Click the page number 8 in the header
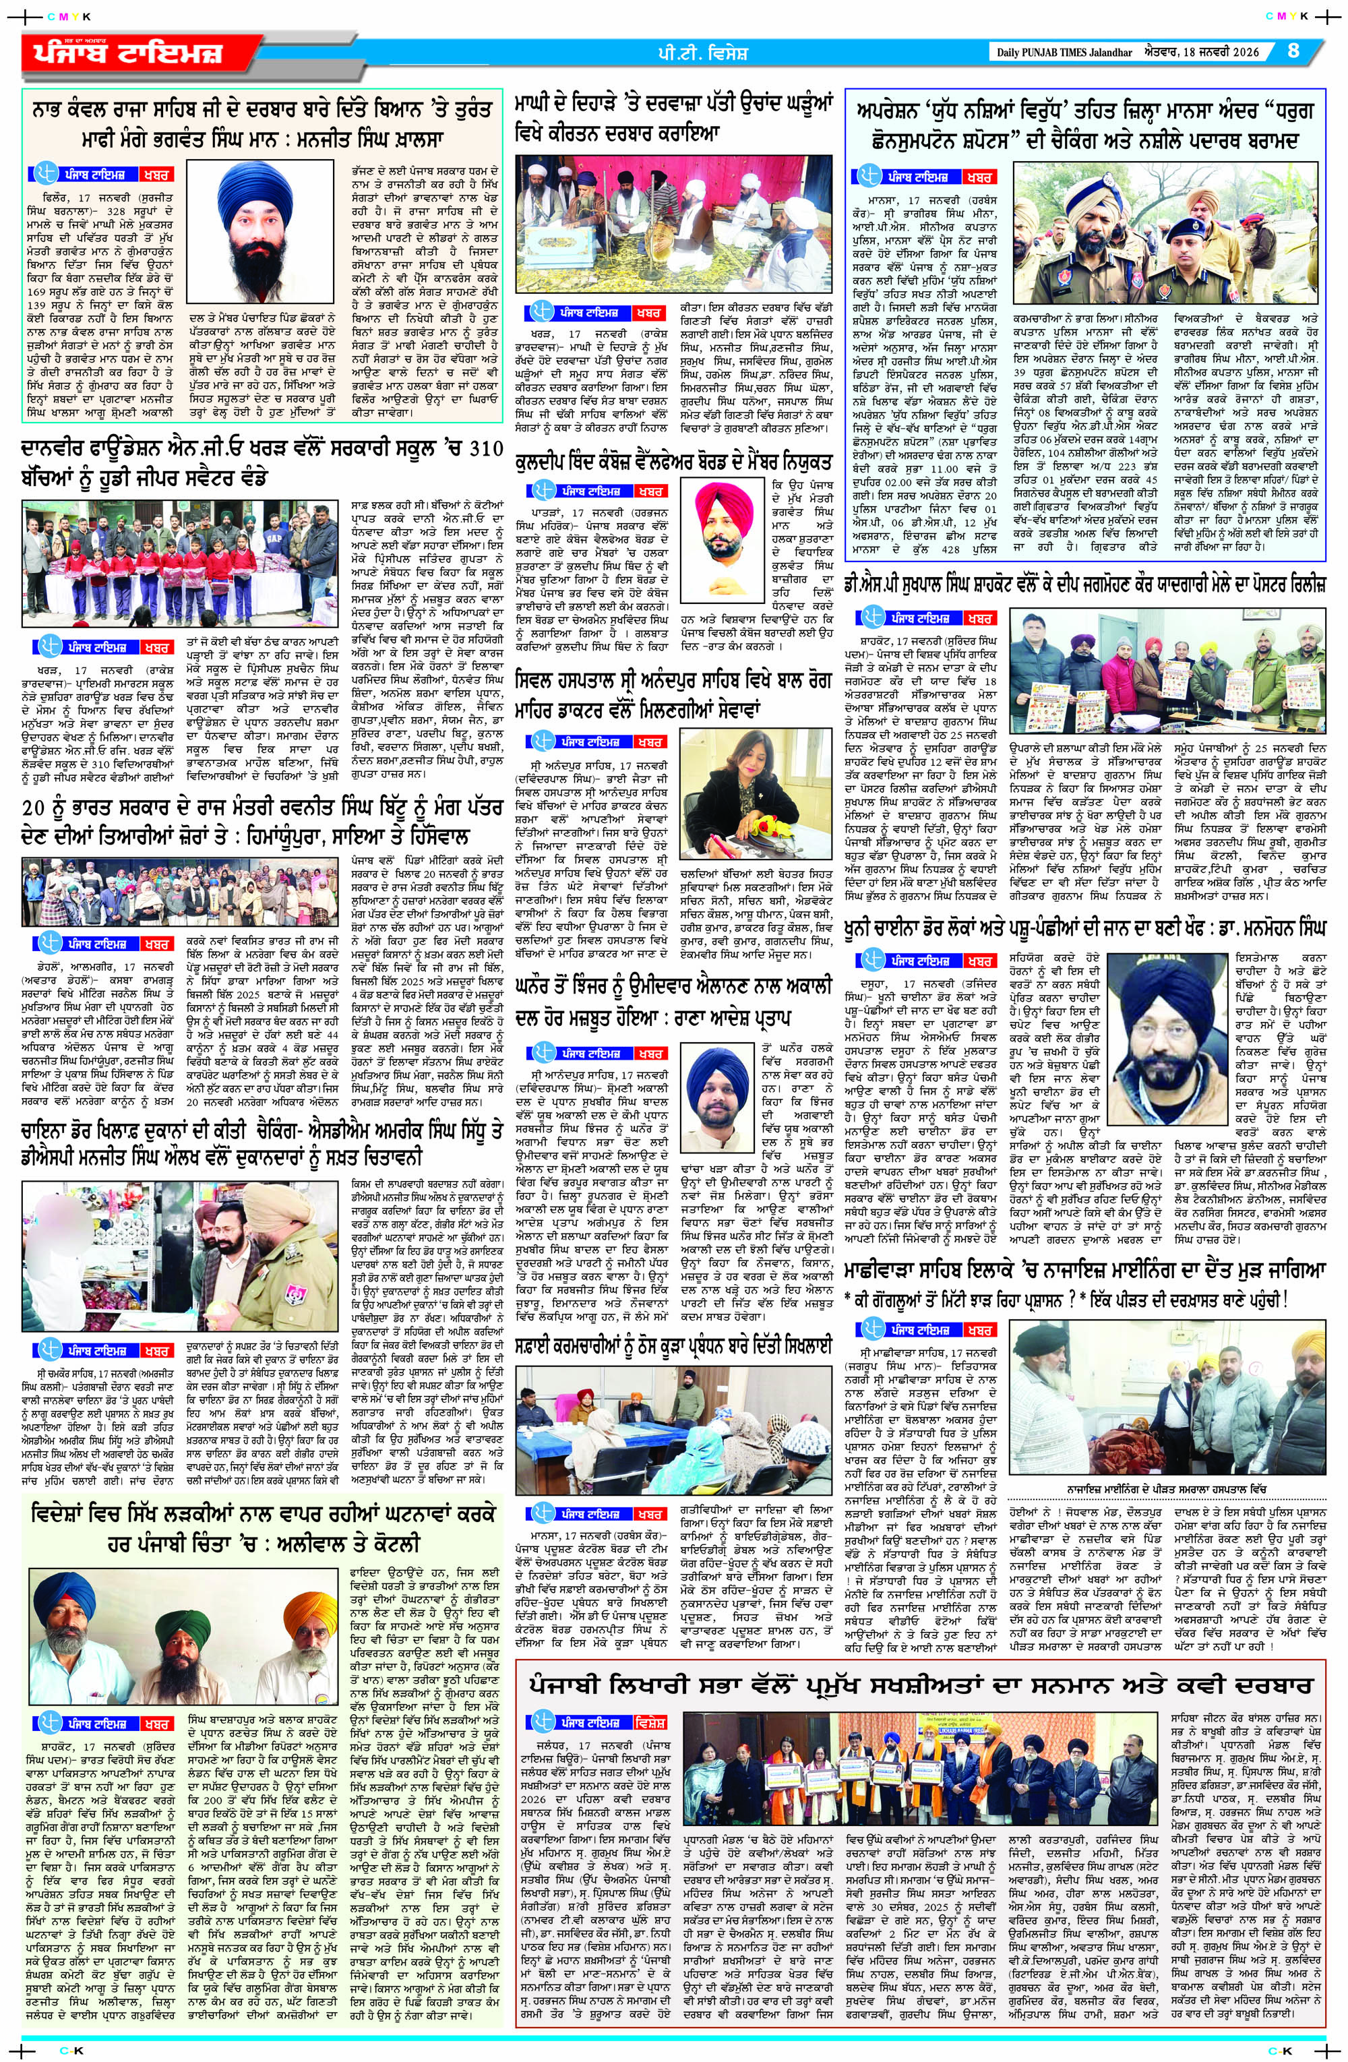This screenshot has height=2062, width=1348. pos(1293,51)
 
